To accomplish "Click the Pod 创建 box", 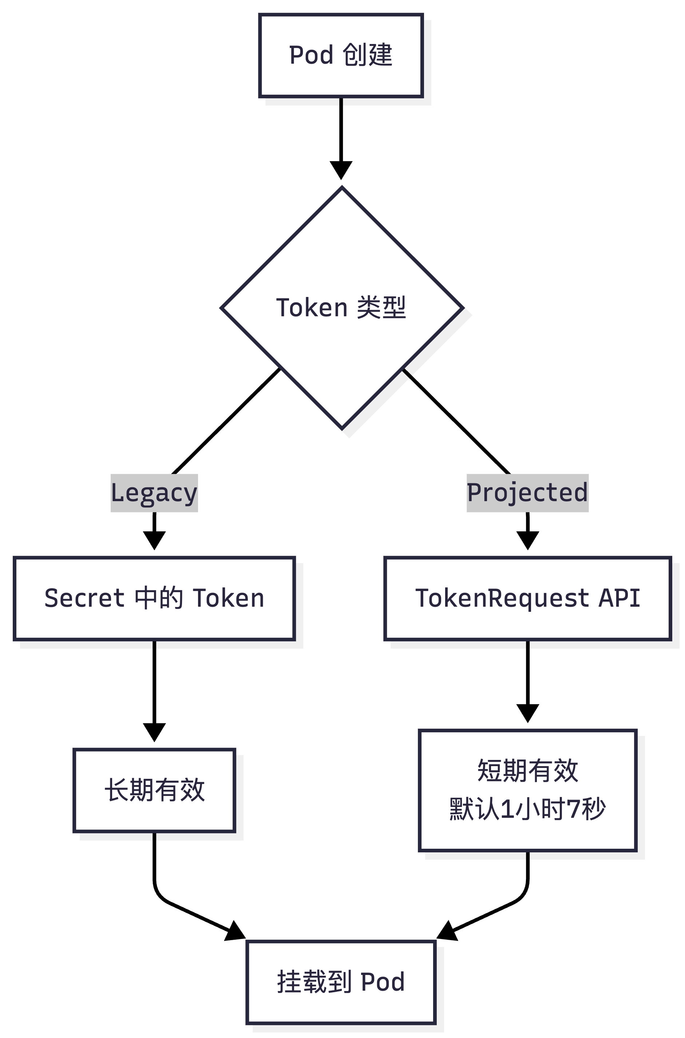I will pos(341,55).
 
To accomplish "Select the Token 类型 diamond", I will pos(342,308).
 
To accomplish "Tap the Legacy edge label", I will pos(154,493).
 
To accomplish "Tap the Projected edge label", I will pos(527,493).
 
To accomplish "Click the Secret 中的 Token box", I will pos(154,598).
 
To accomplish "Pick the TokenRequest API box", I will pos(527,598).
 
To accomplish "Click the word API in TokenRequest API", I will pos(619,598).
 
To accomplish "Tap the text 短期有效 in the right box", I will pos(527,771).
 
